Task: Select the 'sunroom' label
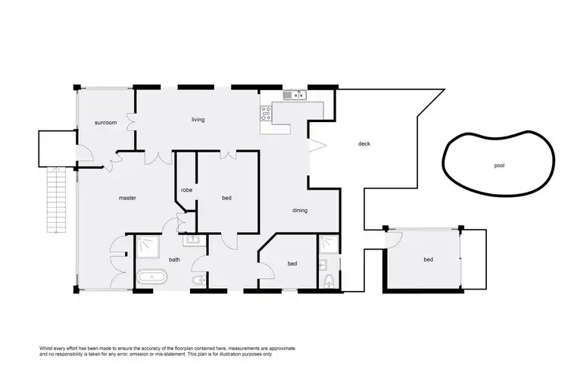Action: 105,122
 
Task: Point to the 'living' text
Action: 198,120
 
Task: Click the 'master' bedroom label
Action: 127,198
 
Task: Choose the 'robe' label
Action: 186,190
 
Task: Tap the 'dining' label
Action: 300,211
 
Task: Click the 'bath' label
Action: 174,260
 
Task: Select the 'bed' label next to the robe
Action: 226,199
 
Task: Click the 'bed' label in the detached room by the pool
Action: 428,260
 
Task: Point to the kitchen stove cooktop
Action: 267,114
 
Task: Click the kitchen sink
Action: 293,95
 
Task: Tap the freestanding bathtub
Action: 152,277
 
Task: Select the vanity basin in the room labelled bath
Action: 193,240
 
